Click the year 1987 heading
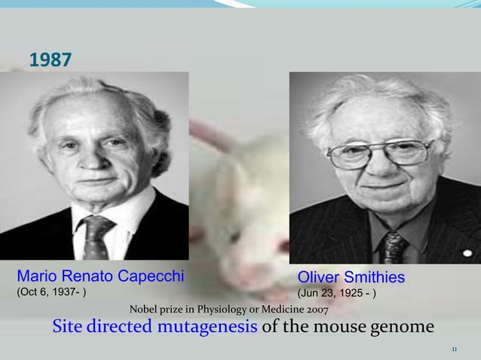(51, 59)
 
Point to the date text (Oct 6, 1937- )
(51, 292)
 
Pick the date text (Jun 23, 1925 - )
(338, 293)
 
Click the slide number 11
(454, 349)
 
